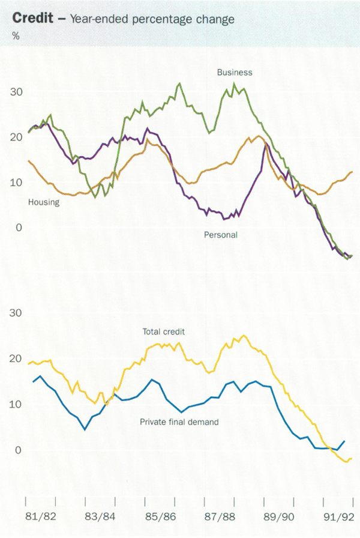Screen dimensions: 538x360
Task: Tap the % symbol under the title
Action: (x=16, y=36)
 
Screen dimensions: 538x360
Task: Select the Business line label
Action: (x=235, y=72)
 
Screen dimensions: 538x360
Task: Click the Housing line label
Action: (x=44, y=202)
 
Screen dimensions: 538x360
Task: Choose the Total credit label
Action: (x=164, y=331)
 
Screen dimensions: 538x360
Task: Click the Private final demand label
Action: (x=179, y=422)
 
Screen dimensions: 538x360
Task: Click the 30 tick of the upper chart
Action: (x=17, y=92)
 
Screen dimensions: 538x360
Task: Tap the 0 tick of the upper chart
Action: (x=19, y=228)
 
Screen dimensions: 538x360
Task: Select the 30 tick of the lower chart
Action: (x=17, y=313)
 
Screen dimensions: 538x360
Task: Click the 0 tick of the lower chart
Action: (x=19, y=450)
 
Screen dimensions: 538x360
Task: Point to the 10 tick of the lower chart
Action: (x=17, y=404)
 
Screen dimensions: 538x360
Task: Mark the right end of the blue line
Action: (x=344, y=441)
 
